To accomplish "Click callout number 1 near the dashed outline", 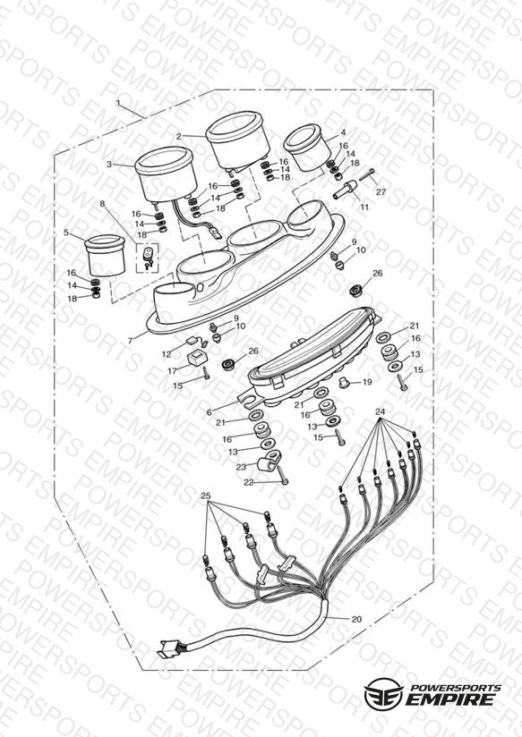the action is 118,103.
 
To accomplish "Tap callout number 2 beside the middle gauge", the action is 179,136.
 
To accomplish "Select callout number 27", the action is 381,191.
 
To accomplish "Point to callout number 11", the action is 364,207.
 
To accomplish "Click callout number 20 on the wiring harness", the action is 356,619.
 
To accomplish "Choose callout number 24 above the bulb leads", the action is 381,411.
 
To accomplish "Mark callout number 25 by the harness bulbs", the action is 206,496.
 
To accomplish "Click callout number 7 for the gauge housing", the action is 131,341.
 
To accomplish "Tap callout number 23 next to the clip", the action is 241,467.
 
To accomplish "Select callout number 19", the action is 367,382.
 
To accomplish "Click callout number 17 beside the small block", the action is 172,371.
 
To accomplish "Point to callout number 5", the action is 66,233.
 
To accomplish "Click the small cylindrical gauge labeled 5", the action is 106,256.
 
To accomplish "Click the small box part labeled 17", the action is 197,359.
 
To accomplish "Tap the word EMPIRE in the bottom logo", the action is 450,699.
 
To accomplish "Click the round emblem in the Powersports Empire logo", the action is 383,694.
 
